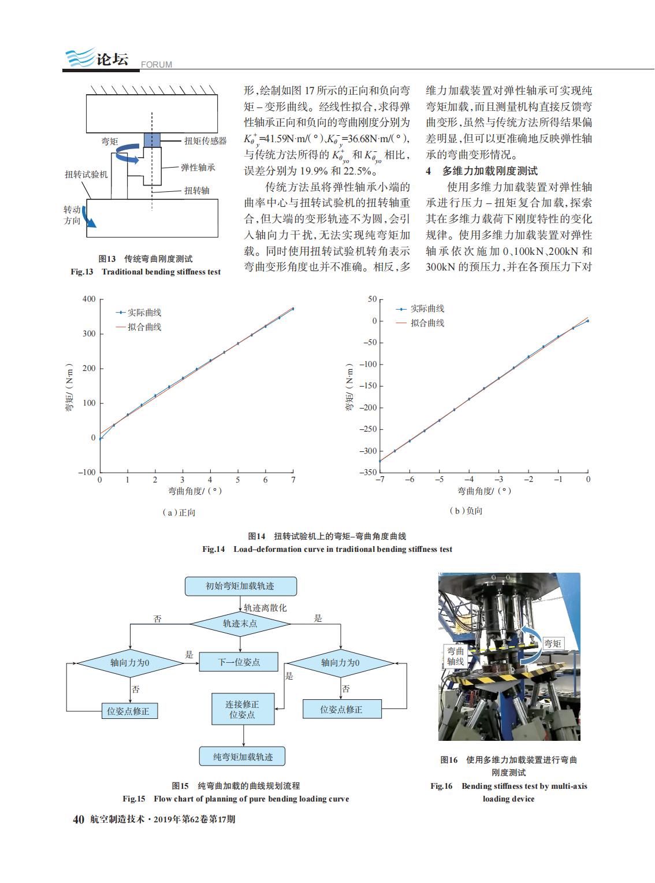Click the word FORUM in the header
[x=157, y=65]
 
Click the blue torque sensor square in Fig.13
[x=151, y=140]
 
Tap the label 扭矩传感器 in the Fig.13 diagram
[x=205, y=141]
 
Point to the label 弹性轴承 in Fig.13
[x=198, y=168]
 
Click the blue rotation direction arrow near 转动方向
[x=89, y=217]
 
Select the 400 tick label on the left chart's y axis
[x=89, y=299]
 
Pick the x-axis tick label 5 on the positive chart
[x=237, y=480]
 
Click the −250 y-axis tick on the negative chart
[x=368, y=429]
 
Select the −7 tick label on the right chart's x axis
[x=380, y=479]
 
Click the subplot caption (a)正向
[x=178, y=513]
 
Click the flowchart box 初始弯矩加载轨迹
[x=240, y=586]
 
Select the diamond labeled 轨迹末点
[x=240, y=624]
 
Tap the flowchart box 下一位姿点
[x=239, y=662]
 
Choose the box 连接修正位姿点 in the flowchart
[x=243, y=709]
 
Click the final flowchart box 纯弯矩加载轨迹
[x=242, y=756]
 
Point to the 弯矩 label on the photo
[x=553, y=643]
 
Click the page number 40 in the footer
[x=79, y=819]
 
